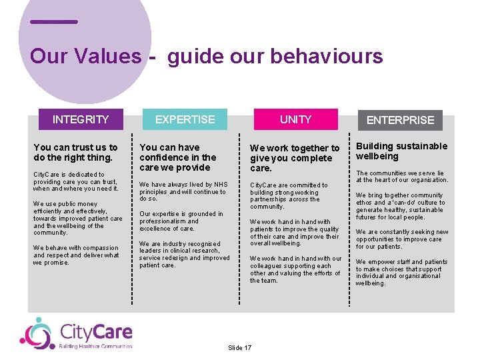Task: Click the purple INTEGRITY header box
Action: [x=81, y=119]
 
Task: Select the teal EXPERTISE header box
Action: [x=185, y=119]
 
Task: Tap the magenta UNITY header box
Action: [x=295, y=119]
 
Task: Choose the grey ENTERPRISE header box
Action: [x=401, y=120]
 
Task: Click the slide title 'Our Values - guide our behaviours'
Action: [x=206, y=56]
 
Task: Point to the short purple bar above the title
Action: [x=54, y=22]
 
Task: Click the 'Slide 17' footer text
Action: [x=239, y=348]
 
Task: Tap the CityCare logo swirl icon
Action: [x=37, y=333]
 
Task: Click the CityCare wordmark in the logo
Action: [x=95, y=331]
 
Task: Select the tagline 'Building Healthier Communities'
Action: [x=95, y=346]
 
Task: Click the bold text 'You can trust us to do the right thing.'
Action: [x=75, y=153]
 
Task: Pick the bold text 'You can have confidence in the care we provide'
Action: [x=178, y=157]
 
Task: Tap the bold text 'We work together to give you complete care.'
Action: [x=295, y=158]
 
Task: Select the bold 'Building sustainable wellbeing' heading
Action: [x=401, y=151]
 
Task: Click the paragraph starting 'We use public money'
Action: [x=78, y=218]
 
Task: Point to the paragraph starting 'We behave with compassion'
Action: [x=76, y=255]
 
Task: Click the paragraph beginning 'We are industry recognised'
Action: [x=184, y=255]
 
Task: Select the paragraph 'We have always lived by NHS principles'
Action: [x=183, y=191]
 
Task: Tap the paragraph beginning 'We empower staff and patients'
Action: [x=401, y=272]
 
